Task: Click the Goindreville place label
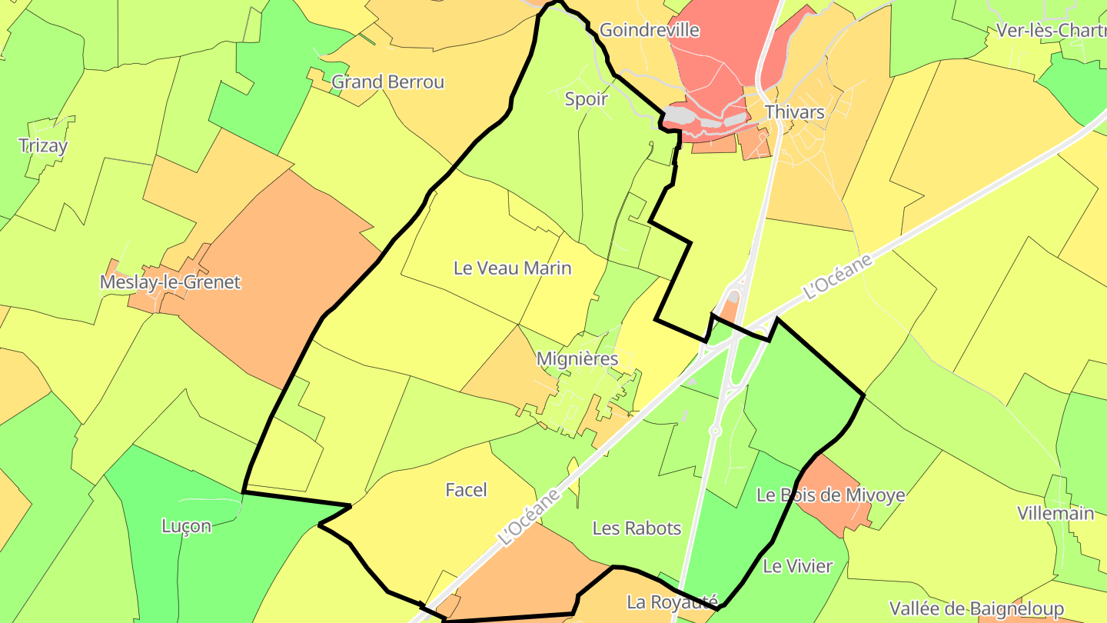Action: point(649,30)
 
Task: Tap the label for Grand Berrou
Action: point(387,82)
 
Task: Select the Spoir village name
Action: point(586,98)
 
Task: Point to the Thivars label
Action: point(794,112)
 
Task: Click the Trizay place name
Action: point(43,145)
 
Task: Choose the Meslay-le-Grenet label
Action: point(170,282)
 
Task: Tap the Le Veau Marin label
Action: point(512,268)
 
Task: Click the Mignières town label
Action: point(577,358)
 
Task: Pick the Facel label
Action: point(466,490)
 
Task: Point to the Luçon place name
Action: point(186,526)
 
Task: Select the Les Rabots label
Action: point(637,528)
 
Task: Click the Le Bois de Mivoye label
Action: point(830,495)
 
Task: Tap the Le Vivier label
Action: point(797,567)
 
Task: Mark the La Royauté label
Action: point(672,601)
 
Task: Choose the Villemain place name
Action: point(1055,513)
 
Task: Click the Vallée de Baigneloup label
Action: point(976,609)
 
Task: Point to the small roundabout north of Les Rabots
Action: point(715,431)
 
